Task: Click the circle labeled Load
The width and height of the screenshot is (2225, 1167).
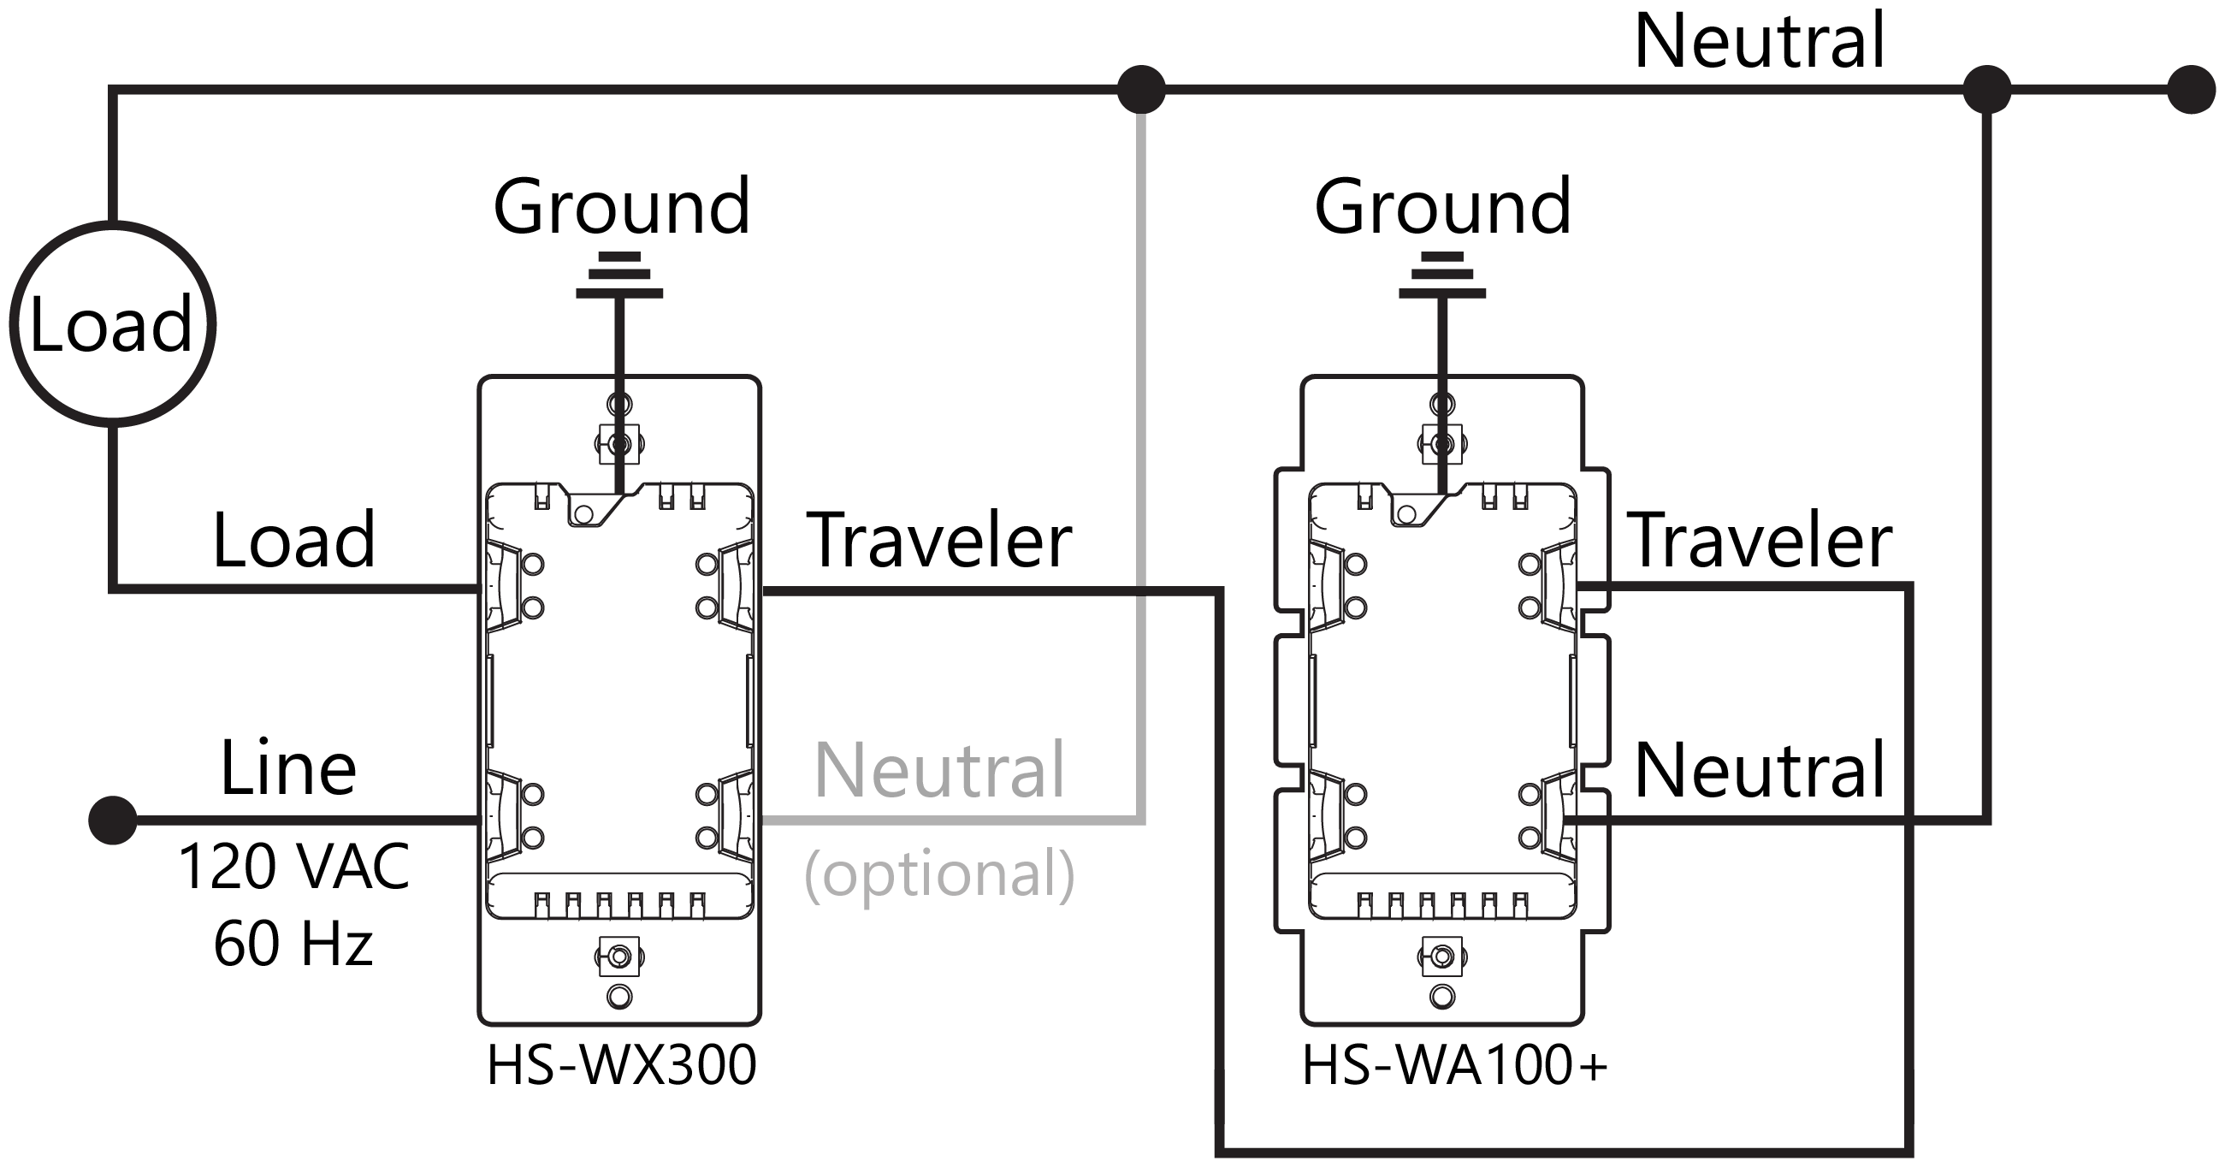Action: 112,324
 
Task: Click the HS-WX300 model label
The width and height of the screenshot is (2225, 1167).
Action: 621,1065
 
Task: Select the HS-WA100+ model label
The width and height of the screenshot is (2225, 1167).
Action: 1454,1065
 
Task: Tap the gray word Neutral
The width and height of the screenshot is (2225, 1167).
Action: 939,770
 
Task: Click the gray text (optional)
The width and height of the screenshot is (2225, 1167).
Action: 939,874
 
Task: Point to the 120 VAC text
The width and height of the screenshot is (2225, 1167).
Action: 293,867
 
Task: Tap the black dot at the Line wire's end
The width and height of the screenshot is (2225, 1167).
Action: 113,820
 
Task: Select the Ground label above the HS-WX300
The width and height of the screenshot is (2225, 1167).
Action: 621,206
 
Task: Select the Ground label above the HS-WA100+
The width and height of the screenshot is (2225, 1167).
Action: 1442,206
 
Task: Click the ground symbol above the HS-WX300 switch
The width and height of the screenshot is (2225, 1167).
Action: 619,275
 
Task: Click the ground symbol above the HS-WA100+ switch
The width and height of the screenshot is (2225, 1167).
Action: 1441,275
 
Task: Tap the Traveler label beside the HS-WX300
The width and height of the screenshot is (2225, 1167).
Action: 939,541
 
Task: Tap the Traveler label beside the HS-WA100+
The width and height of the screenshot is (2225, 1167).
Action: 1760,541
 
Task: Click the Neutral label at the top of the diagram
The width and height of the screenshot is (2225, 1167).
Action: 1760,40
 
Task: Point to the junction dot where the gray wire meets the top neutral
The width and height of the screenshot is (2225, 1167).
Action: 1141,89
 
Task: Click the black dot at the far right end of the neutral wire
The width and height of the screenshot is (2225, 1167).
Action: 2192,89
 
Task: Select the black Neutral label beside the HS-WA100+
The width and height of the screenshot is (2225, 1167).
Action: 1760,770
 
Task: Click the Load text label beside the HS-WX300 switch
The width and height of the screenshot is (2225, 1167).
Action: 293,541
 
